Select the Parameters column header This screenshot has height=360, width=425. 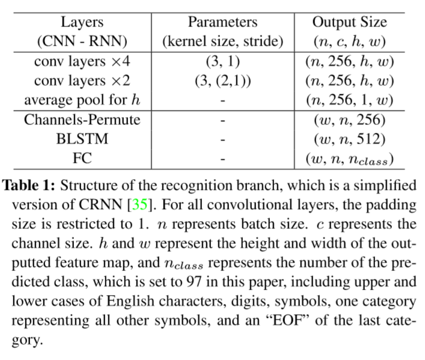[222, 23]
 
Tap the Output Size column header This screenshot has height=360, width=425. [349, 23]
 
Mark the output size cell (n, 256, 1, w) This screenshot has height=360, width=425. [349, 100]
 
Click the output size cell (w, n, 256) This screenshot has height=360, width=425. [349, 120]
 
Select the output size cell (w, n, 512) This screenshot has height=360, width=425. [349, 139]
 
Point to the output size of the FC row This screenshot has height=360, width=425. [349, 159]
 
